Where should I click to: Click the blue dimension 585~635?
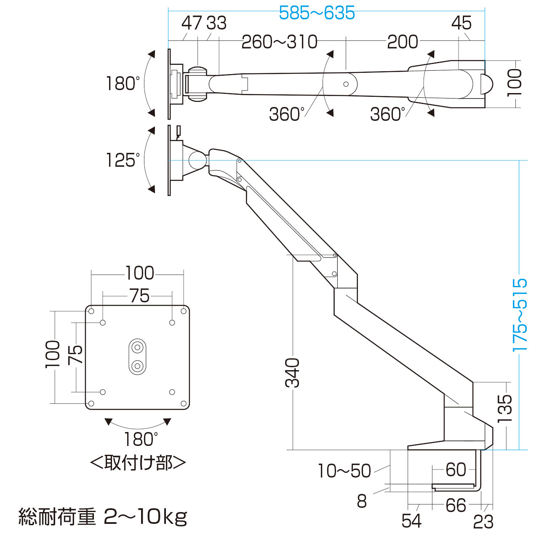(x=317, y=13)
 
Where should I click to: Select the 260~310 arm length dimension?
(x=280, y=42)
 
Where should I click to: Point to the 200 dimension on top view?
(x=402, y=42)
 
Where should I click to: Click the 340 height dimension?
(x=292, y=372)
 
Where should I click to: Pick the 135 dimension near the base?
(x=504, y=408)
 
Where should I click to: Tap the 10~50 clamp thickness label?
(x=344, y=471)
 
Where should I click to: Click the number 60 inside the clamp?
(x=456, y=470)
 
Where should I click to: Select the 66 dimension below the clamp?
(x=456, y=505)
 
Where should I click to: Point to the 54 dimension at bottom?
(x=411, y=521)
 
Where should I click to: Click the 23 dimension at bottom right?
(x=483, y=522)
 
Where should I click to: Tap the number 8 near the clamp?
(x=362, y=501)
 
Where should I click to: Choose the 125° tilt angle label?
(x=123, y=160)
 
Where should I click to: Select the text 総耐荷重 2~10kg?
(x=103, y=517)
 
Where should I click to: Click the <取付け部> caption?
(x=138, y=463)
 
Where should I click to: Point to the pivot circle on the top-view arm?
(x=346, y=84)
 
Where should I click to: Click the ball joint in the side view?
(x=196, y=159)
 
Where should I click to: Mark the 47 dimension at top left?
(x=192, y=23)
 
